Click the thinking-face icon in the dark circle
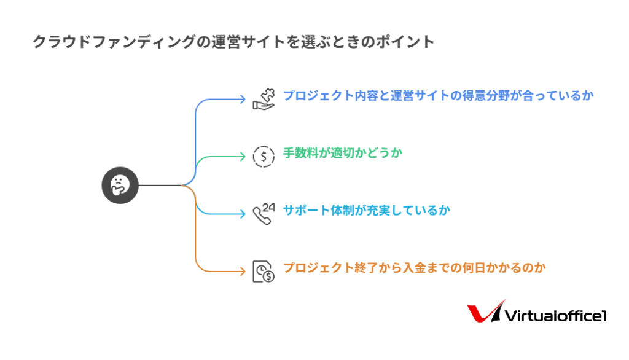120,186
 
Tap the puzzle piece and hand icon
264,100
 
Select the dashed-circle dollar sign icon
264,157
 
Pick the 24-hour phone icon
264,214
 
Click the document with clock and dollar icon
264,272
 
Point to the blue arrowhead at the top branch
242,99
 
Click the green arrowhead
242,156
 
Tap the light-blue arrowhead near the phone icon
242,214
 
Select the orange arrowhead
242,271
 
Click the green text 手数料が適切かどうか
343,153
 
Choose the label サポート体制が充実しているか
367,210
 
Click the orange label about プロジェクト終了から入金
415,268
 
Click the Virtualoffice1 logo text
555,316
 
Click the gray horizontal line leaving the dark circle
160,186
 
